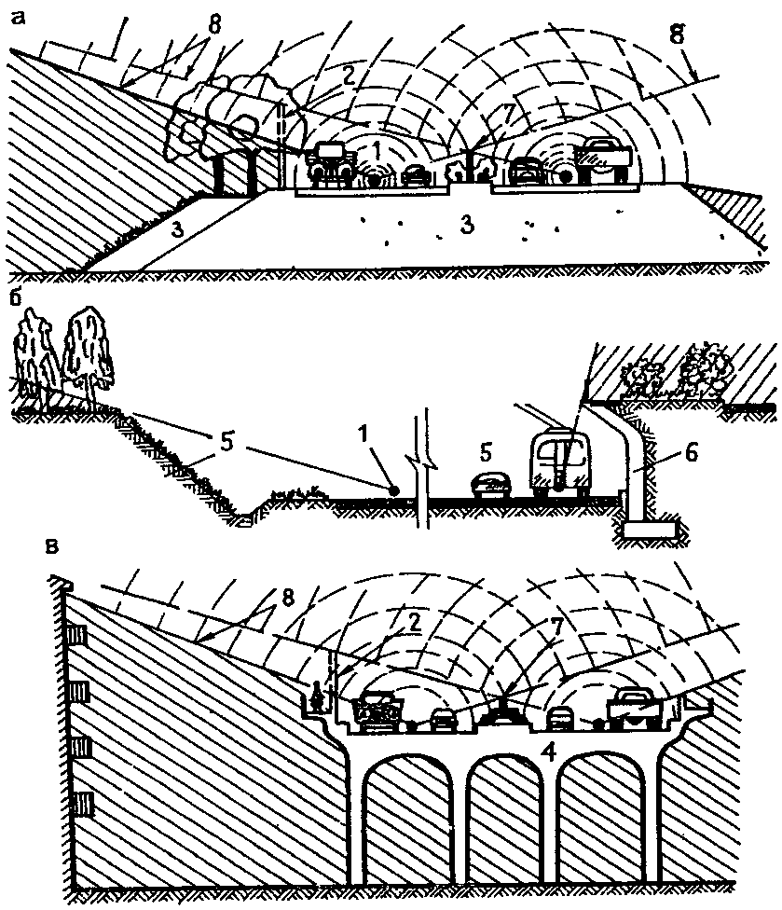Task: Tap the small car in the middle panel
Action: tap(490, 486)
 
